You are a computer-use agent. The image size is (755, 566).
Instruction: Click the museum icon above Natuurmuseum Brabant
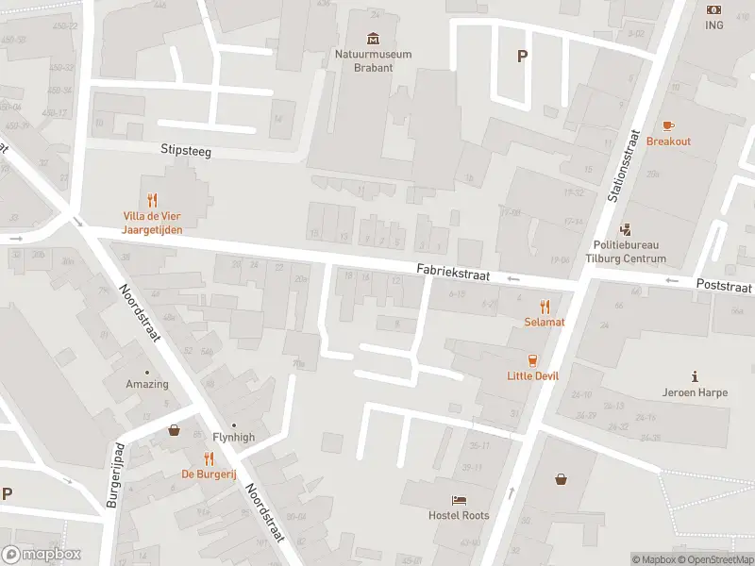[x=374, y=38]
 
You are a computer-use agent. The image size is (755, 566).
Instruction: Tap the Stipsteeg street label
[x=185, y=149]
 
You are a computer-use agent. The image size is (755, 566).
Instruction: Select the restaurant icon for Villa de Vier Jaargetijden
[x=152, y=200]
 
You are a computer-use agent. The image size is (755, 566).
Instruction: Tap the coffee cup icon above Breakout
[x=668, y=125]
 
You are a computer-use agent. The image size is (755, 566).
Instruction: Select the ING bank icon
[x=713, y=9]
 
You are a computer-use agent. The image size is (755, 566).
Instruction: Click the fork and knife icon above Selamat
[x=545, y=306]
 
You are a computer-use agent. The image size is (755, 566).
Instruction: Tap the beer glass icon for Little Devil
[x=533, y=359]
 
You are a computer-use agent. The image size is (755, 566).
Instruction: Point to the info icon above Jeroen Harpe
[x=695, y=376]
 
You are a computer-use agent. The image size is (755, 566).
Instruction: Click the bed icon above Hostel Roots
[x=459, y=500]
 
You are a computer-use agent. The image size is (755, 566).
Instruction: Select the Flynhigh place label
[x=234, y=438]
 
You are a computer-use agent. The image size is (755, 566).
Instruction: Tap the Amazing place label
[x=147, y=384]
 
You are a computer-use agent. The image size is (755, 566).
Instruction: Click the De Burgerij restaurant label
[x=209, y=474]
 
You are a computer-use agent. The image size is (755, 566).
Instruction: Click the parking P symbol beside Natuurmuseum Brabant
[x=521, y=56]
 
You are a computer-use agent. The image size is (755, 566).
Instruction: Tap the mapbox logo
[x=42, y=554]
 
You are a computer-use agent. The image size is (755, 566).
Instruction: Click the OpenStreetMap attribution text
[x=715, y=559]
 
